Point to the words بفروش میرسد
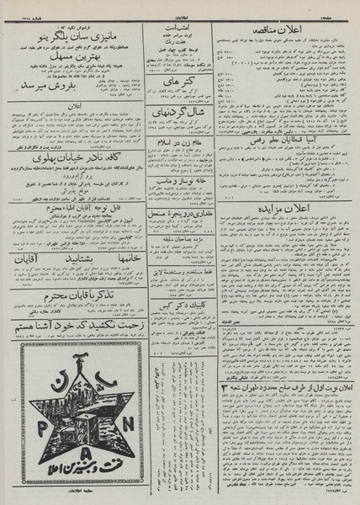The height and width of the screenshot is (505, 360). click(64, 85)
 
